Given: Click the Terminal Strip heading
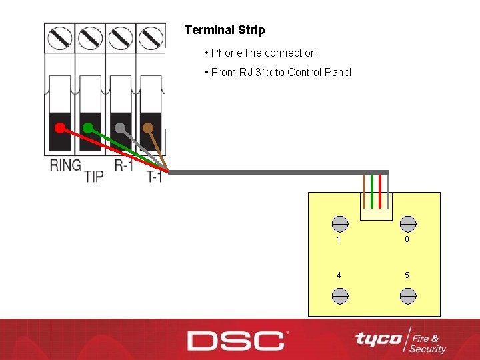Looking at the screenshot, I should pyautogui.click(x=225, y=30).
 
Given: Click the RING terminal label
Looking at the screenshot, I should pyautogui.click(x=65, y=165).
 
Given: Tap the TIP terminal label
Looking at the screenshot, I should pyautogui.click(x=94, y=176).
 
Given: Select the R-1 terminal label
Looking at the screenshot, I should pyautogui.click(x=124, y=165).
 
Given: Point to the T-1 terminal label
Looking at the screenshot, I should pyautogui.click(x=155, y=177).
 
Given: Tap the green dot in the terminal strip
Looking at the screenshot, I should pyautogui.click(x=88, y=127).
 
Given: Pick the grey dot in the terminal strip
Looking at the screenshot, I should pyautogui.click(x=120, y=127).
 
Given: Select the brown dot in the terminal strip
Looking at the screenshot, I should pyautogui.click(x=148, y=127).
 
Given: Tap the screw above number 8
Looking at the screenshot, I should pyautogui.click(x=407, y=224).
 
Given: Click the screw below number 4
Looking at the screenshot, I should pyautogui.click(x=339, y=295).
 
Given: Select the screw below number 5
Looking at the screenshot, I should pyautogui.click(x=407, y=295).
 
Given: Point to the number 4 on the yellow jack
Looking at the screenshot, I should pyautogui.click(x=339, y=275).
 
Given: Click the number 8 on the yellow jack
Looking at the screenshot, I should pyautogui.click(x=407, y=239).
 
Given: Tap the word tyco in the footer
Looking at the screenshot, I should pyautogui.click(x=378, y=339).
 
